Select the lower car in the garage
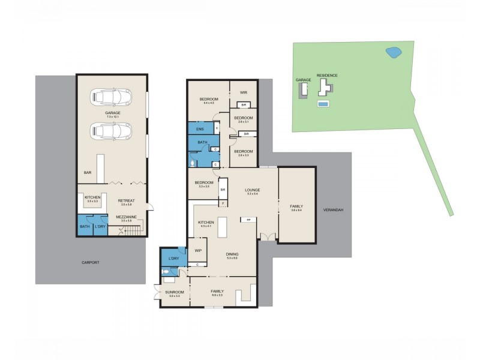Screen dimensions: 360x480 111,130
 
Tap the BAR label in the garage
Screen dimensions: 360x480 88,173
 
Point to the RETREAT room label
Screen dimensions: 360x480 126,200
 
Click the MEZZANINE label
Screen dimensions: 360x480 126,217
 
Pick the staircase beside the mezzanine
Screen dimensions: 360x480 136,229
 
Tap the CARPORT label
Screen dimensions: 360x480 91,263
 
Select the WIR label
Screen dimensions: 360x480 244,92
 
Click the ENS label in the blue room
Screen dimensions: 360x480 200,128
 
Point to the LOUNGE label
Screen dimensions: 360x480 252,190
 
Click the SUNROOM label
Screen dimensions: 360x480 175,292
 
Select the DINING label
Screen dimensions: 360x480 232,254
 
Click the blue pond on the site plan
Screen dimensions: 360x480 393,53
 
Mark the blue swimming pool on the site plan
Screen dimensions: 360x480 323,104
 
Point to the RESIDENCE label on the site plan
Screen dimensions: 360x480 327,76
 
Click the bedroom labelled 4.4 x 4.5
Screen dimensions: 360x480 209,99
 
